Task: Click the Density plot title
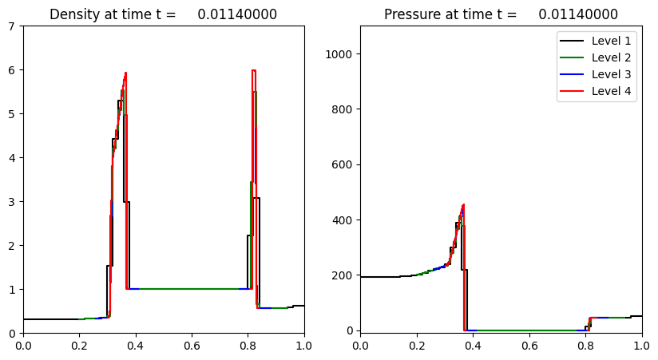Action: [x=164, y=14]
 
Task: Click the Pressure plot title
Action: [x=501, y=14]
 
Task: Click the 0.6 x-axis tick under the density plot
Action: [x=192, y=345]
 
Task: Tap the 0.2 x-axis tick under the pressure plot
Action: [x=416, y=345]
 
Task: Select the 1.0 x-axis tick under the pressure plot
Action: [x=641, y=345]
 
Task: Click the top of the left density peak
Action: [x=125, y=73]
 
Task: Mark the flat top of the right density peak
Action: [x=253, y=70]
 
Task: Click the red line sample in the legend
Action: [x=573, y=90]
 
